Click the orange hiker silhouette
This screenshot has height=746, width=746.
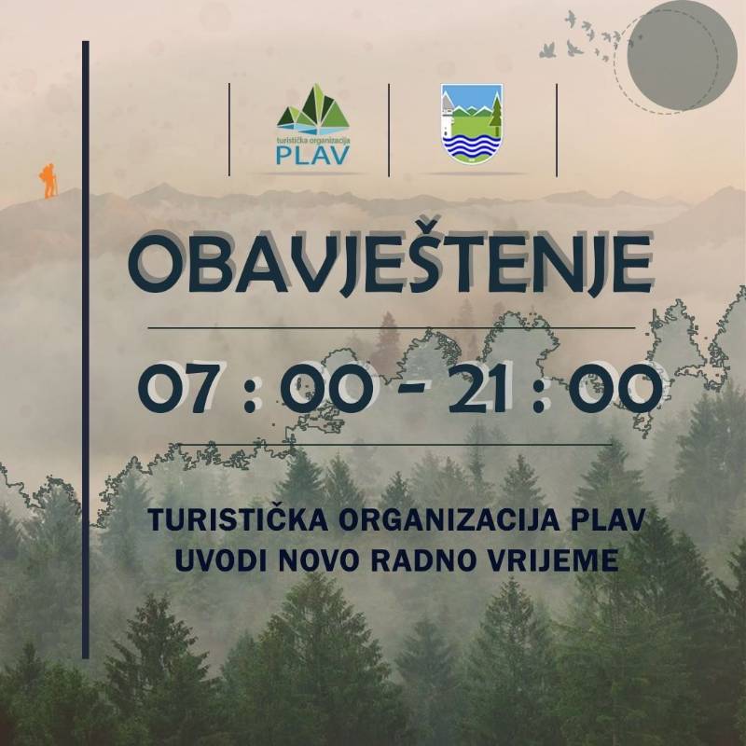(48, 181)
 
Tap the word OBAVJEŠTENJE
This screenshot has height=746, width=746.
(390, 264)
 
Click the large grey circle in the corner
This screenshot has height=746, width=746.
(682, 55)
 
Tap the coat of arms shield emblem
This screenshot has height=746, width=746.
(472, 124)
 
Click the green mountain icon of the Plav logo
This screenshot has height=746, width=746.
(313, 110)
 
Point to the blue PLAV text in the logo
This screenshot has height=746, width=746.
(313, 155)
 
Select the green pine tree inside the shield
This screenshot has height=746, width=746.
(495, 116)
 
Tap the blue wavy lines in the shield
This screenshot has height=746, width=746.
(472, 145)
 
